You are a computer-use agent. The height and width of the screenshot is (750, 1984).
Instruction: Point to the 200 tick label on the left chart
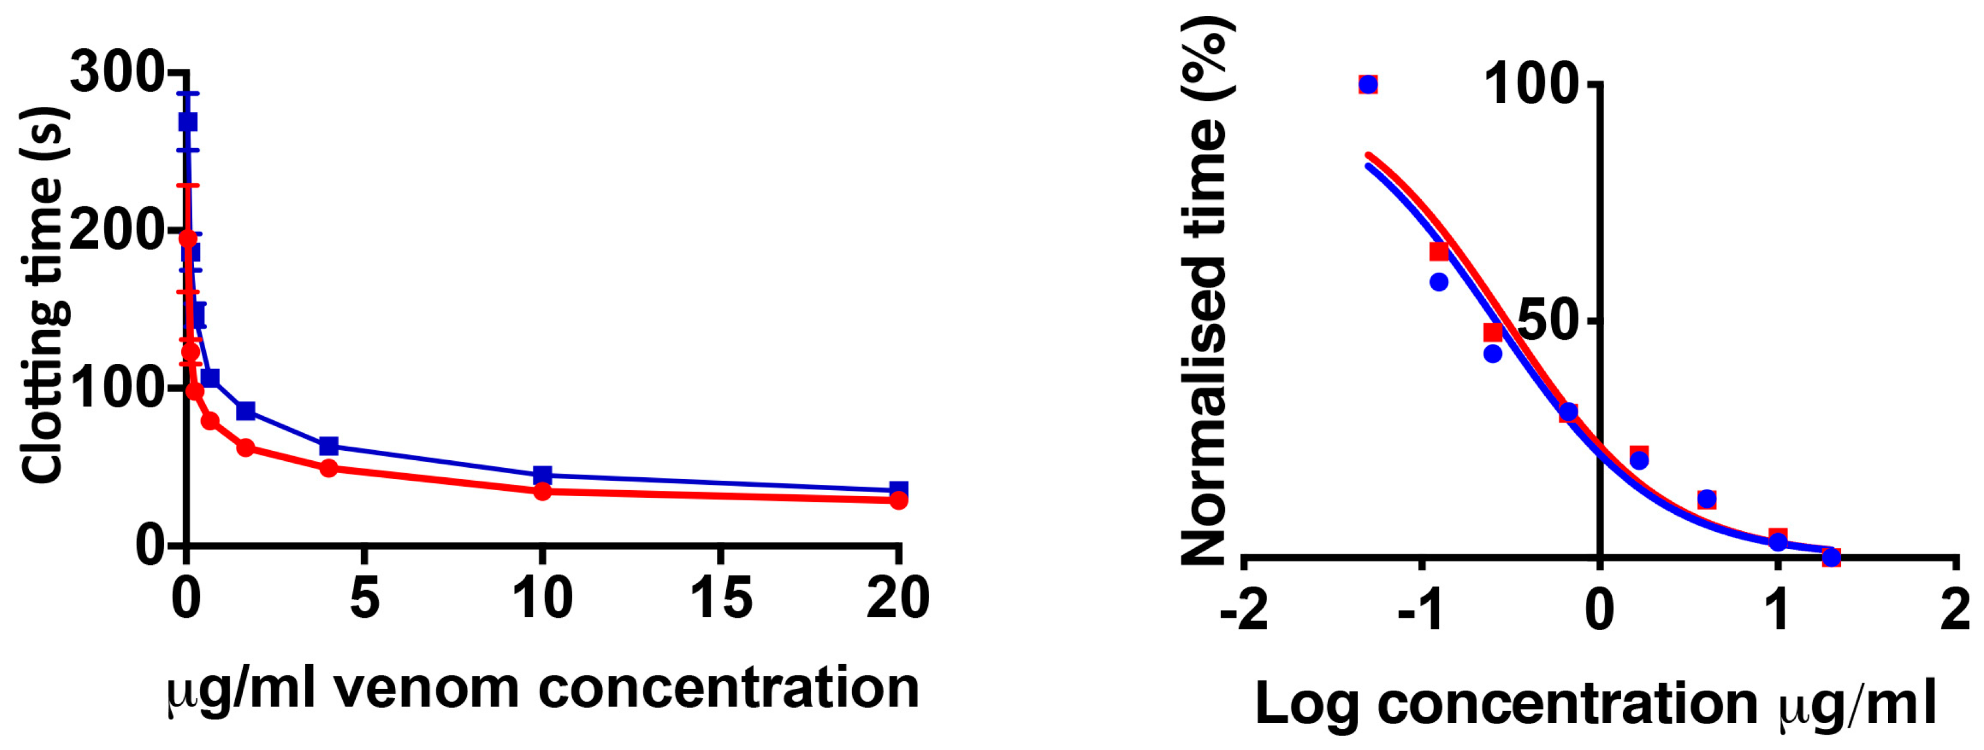115,231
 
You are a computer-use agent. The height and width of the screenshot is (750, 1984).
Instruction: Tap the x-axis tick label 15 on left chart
720,599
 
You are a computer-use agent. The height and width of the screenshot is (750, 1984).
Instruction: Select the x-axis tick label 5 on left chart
365,599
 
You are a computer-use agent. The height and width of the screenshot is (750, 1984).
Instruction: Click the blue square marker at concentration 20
898,489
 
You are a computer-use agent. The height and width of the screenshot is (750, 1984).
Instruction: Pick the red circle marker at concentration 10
542,491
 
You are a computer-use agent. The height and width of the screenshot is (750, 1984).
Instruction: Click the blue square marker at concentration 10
542,474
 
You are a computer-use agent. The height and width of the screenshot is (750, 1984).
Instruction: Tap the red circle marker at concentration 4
329,468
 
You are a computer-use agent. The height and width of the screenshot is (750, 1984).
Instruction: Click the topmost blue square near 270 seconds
187,122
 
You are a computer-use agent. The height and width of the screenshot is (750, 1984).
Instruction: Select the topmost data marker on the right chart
1368,84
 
